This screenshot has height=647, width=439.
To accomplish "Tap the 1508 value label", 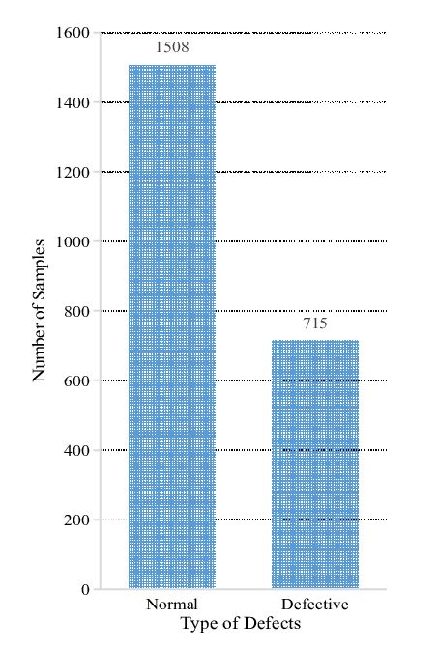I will [172, 46].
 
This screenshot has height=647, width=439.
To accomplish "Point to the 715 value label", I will [315, 323].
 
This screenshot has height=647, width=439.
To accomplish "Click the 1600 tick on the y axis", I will [73, 33].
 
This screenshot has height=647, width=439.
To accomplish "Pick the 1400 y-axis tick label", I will [73, 102].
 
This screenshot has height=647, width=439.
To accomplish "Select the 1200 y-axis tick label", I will [73, 172].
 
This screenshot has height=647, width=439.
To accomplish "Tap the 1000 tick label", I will [73, 241].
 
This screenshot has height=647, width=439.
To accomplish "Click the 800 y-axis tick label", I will [78, 311].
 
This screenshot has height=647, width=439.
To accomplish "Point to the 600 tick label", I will [78, 380].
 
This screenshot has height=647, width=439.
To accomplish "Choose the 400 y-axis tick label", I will [78, 450].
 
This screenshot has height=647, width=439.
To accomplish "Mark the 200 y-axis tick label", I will [78, 520].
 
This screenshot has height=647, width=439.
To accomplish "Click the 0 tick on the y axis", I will [85, 589].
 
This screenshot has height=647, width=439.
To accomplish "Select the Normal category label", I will [172, 605].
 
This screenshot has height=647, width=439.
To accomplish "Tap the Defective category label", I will [315, 605].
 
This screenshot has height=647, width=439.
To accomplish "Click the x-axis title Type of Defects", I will [240, 624].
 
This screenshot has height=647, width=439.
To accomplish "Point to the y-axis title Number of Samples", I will [40, 310].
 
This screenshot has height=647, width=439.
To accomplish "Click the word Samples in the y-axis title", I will [40, 269].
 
